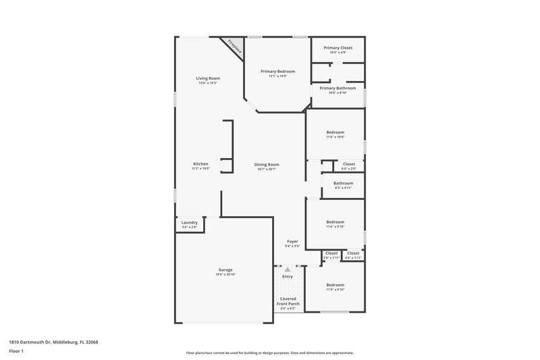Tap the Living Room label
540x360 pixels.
click(x=208, y=78)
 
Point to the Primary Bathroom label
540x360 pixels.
click(x=337, y=88)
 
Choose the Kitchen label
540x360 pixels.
click(x=200, y=164)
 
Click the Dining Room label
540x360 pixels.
click(x=267, y=164)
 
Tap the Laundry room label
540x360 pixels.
click(x=189, y=222)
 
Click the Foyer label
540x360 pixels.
click(x=292, y=241)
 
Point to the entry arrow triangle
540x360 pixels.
click(x=288, y=269)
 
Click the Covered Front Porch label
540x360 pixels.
click(x=288, y=300)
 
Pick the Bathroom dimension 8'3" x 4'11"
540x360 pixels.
click(x=343, y=188)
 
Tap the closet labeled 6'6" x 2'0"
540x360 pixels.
click(x=349, y=169)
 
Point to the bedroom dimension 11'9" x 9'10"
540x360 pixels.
click(x=335, y=290)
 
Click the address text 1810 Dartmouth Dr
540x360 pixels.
click(x=31, y=342)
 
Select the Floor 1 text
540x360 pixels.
click(x=16, y=352)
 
